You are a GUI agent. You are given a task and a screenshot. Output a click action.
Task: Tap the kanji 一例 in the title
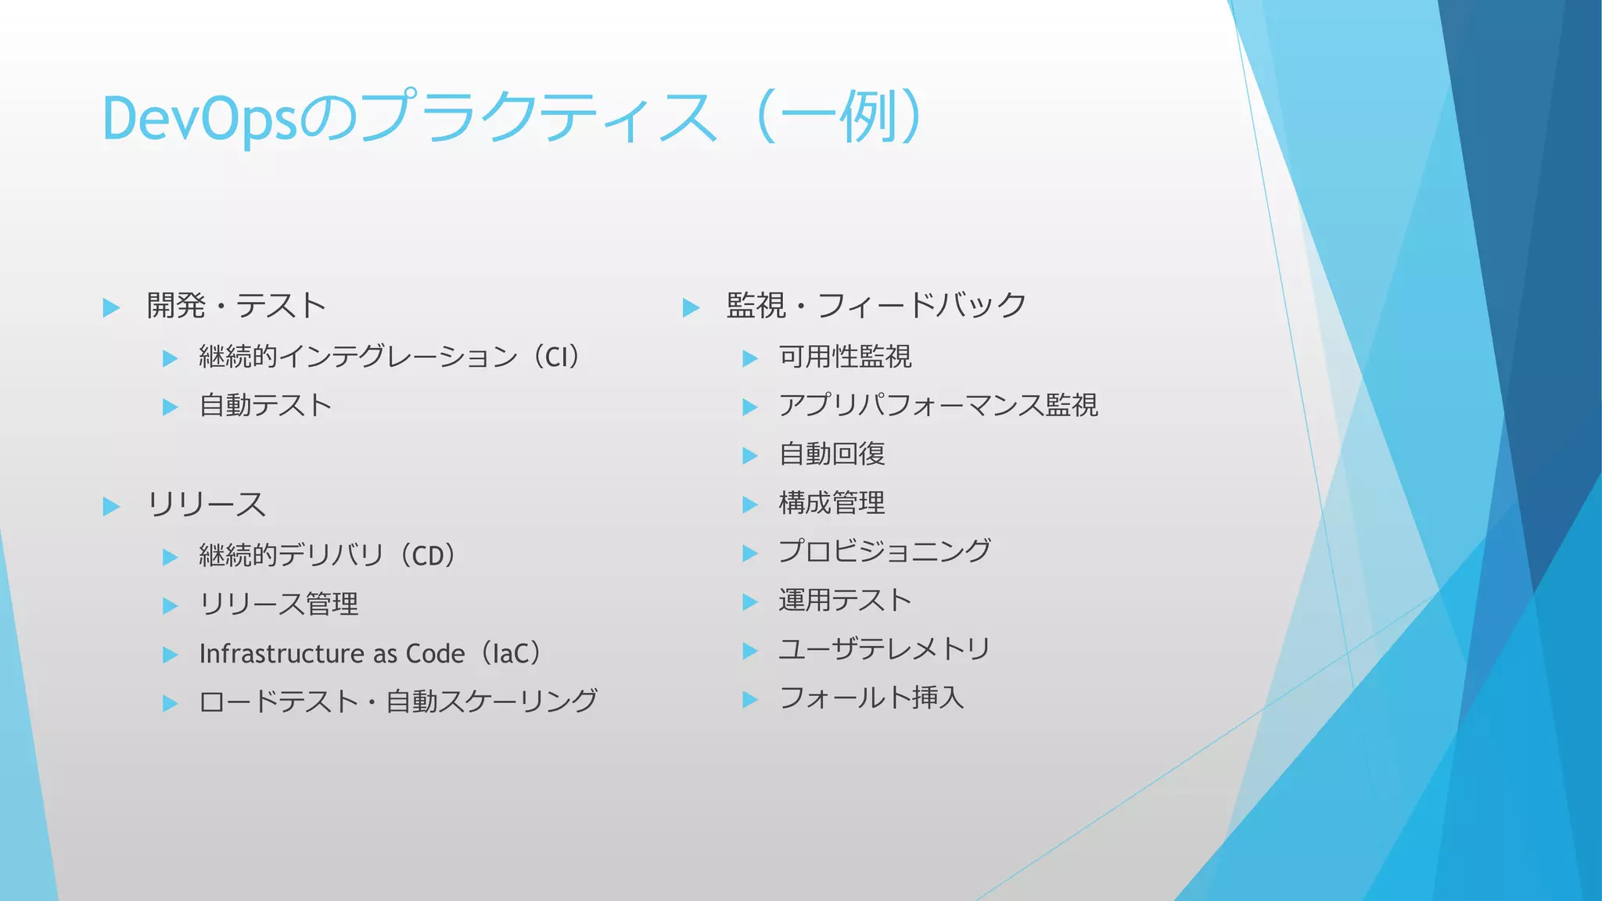tap(840, 117)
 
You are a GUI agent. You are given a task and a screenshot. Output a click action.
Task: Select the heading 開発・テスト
tap(236, 306)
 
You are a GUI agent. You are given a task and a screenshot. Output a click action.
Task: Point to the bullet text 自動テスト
tap(266, 406)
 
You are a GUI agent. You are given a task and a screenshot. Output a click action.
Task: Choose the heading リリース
tap(207, 505)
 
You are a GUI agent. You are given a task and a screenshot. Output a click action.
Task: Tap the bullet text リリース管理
tap(278, 605)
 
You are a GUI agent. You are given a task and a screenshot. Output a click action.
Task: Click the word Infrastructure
tap(282, 653)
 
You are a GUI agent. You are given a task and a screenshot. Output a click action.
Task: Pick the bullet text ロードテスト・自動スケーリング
tap(398, 702)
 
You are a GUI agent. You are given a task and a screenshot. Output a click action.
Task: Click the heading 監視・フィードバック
tap(876, 306)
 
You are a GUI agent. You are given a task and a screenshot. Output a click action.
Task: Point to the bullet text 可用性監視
tap(845, 357)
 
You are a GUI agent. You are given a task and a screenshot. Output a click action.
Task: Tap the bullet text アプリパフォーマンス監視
tap(938, 406)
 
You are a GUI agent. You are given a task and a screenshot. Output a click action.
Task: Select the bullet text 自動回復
tap(832, 454)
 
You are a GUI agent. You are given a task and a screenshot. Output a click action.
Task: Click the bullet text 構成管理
tap(832, 503)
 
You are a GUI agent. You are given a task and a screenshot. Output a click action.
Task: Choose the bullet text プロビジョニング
tap(885, 551)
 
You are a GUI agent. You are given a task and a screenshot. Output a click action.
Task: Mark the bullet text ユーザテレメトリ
tap(885, 649)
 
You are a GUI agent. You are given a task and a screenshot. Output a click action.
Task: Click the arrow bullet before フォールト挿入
tap(750, 699)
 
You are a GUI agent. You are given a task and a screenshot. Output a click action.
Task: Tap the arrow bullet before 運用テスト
tap(750, 602)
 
